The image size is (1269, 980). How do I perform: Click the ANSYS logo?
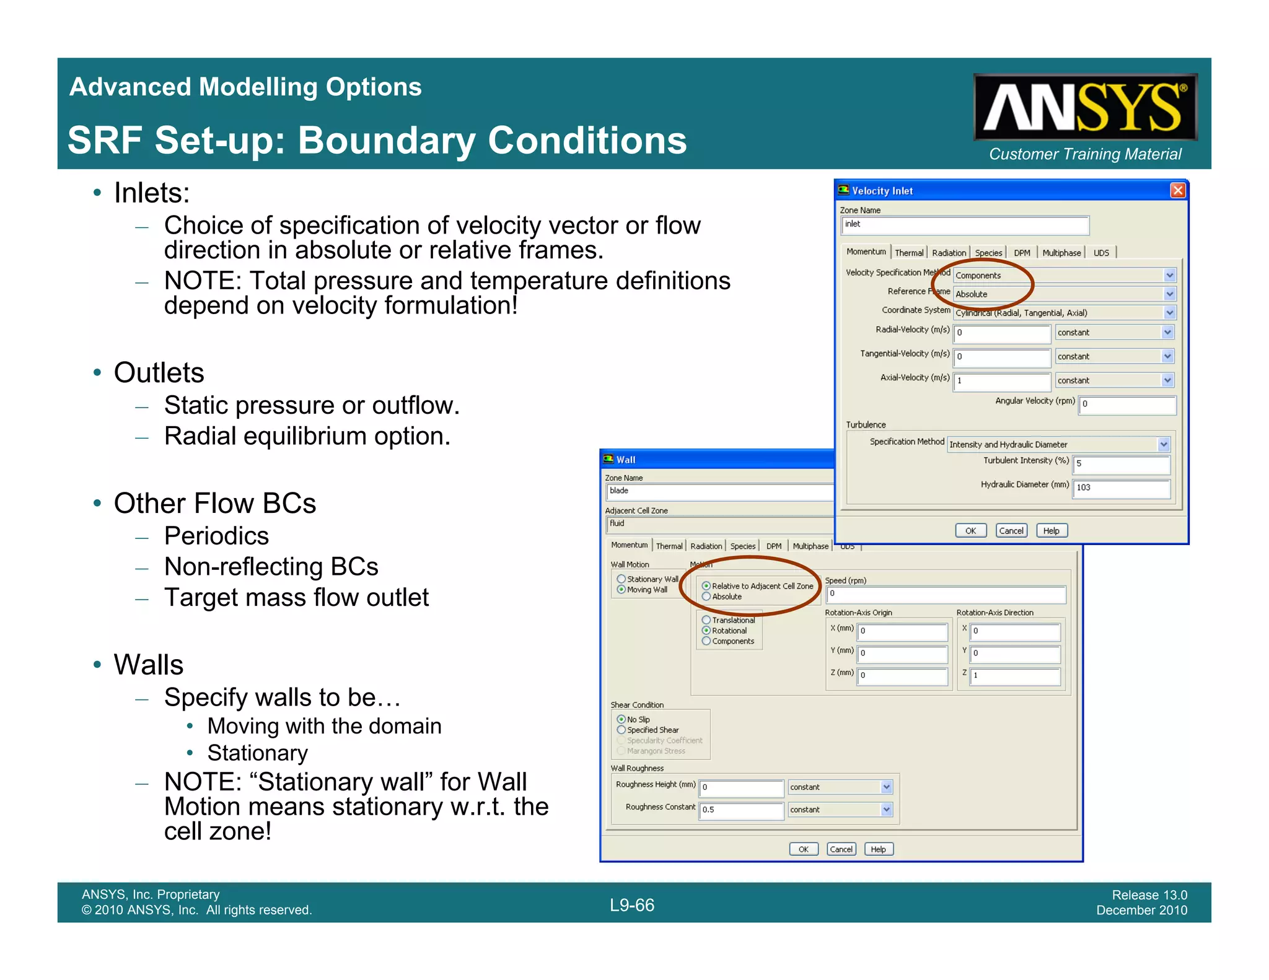(1084, 107)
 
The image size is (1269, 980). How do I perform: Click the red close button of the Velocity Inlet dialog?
(1177, 190)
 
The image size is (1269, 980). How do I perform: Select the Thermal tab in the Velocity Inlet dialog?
(908, 253)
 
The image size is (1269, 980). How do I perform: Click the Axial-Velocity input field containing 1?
(1001, 380)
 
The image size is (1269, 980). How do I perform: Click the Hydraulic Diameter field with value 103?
(1121, 488)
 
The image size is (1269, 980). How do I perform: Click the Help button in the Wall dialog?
(878, 849)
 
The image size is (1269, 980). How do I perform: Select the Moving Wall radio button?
(621, 590)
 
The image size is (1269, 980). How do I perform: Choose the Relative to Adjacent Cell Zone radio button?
(706, 586)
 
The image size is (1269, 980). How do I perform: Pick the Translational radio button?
(706, 620)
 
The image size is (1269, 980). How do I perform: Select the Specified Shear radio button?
(621, 730)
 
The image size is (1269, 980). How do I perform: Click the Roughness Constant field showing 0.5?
(741, 810)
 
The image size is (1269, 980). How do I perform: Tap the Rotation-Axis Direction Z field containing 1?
(1014, 675)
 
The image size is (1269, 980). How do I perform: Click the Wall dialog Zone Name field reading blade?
(719, 491)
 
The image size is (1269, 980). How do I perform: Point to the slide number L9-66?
(632, 905)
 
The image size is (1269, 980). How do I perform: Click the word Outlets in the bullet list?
(159, 373)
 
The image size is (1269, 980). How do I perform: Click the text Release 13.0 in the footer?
(1149, 895)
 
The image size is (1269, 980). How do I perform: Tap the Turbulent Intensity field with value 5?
(1121, 463)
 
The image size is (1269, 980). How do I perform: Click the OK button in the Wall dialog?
(803, 849)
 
